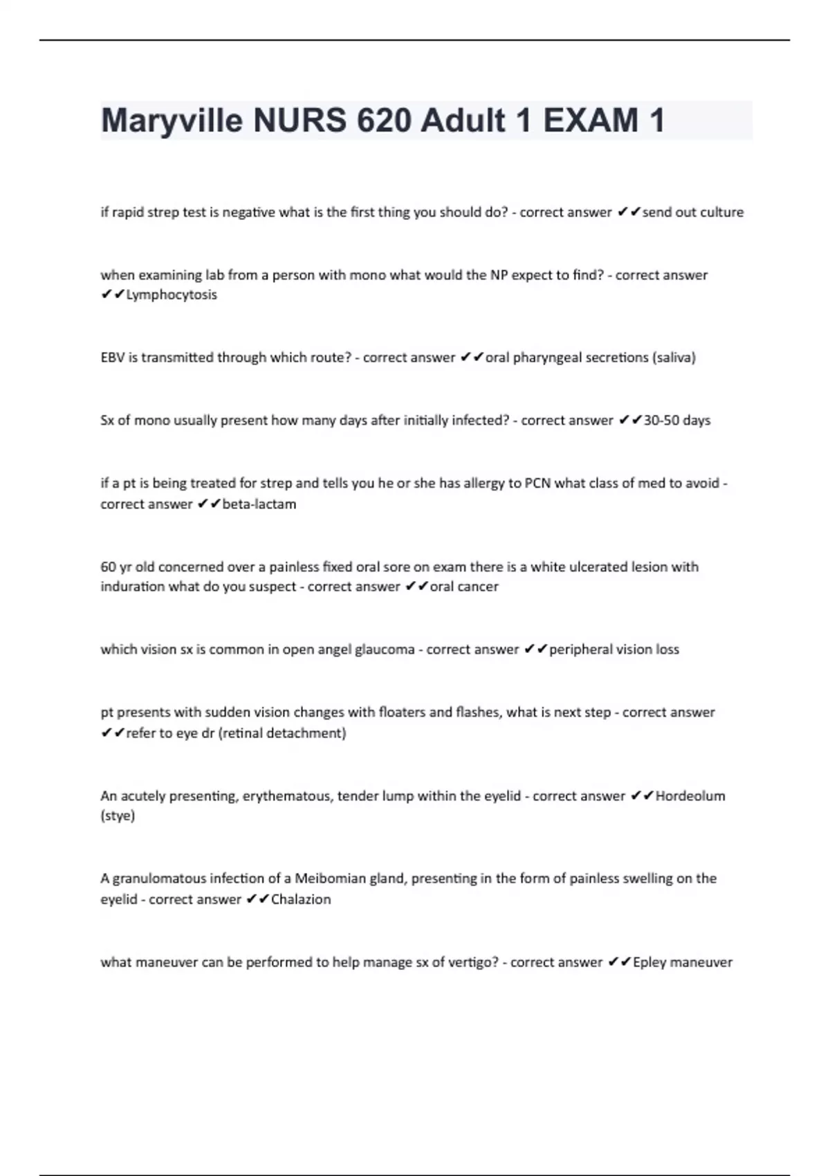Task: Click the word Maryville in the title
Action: [172, 122]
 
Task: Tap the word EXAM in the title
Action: [591, 121]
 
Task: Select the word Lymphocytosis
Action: [172, 295]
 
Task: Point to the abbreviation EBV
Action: [112, 358]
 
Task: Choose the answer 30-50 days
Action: [676, 421]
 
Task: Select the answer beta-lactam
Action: [259, 504]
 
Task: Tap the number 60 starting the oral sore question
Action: [108, 567]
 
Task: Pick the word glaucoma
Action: [385, 650]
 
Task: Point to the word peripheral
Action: [581, 650]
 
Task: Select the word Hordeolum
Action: [690, 796]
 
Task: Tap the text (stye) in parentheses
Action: [118, 816]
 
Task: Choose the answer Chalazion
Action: [301, 899]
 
